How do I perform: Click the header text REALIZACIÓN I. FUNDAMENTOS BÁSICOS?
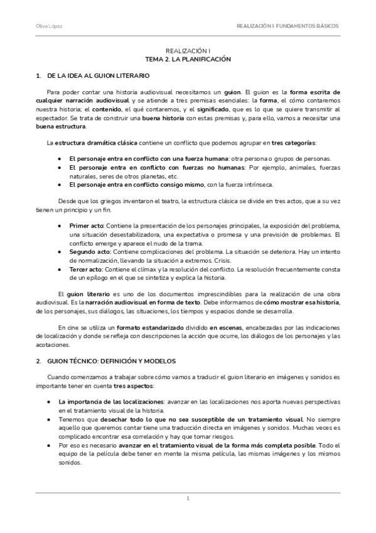tap(287, 26)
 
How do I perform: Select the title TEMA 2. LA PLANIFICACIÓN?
tap(188, 58)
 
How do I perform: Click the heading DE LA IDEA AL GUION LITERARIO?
tap(104, 75)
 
